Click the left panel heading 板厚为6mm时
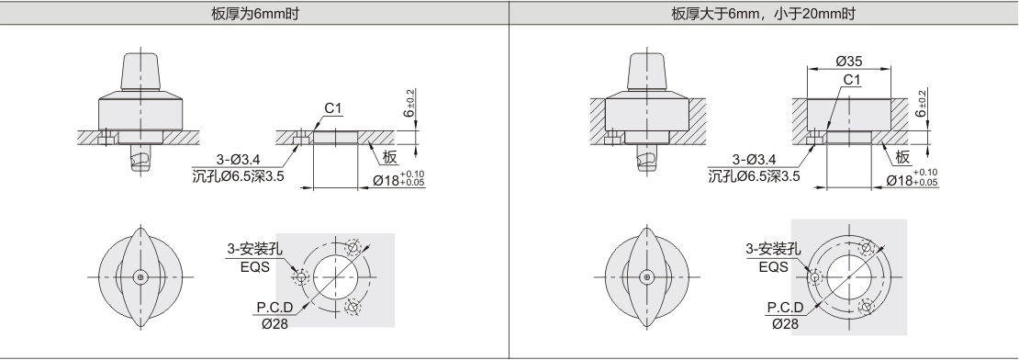coord(255,14)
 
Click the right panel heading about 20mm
coord(764,14)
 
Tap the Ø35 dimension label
coord(849,62)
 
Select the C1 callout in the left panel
coord(332,107)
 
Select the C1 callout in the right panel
coord(852,80)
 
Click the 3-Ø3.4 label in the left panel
coord(238,159)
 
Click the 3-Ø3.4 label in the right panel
coord(754,159)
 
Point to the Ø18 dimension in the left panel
coord(398,179)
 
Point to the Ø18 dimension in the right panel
coord(913,178)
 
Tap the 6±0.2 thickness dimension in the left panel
coord(410,104)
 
